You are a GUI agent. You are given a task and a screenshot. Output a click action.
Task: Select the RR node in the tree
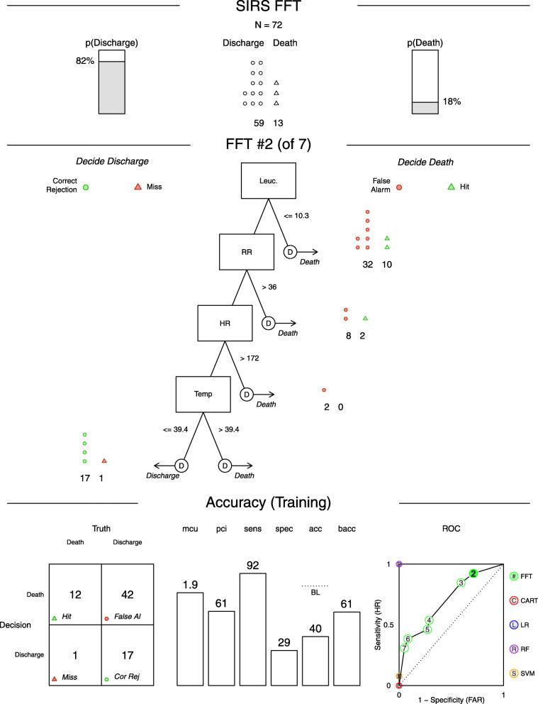(x=247, y=251)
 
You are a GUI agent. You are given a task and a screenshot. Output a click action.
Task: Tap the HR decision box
(x=225, y=323)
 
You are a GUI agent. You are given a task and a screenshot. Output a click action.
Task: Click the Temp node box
(x=203, y=394)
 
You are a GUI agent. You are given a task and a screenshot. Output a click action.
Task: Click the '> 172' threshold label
(x=249, y=358)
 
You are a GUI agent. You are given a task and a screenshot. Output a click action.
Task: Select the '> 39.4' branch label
(x=231, y=429)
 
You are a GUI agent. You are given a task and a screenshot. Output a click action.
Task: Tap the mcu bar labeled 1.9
(x=189, y=639)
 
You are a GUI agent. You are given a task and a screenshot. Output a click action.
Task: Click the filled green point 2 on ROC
(x=473, y=573)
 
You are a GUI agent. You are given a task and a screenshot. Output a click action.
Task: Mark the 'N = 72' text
(x=269, y=26)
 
